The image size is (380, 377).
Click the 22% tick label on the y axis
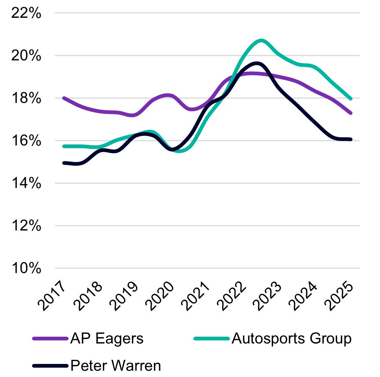point(26,13)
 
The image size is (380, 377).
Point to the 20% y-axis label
point(26,56)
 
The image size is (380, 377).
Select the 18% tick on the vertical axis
point(26,99)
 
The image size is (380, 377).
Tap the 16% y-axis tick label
point(26,141)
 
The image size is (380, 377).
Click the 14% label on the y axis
point(26,184)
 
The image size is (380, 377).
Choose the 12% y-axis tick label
point(26,226)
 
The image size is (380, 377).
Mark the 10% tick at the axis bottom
point(26,269)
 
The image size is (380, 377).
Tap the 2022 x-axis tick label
point(233,297)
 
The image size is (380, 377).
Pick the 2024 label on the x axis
point(304,297)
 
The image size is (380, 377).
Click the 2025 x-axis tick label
point(340,297)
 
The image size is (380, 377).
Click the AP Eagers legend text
point(107,339)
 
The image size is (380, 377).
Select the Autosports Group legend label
point(291,339)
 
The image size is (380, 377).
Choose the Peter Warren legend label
point(115,365)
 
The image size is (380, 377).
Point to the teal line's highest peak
point(261,40)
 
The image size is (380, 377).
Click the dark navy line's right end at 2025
point(351,140)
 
